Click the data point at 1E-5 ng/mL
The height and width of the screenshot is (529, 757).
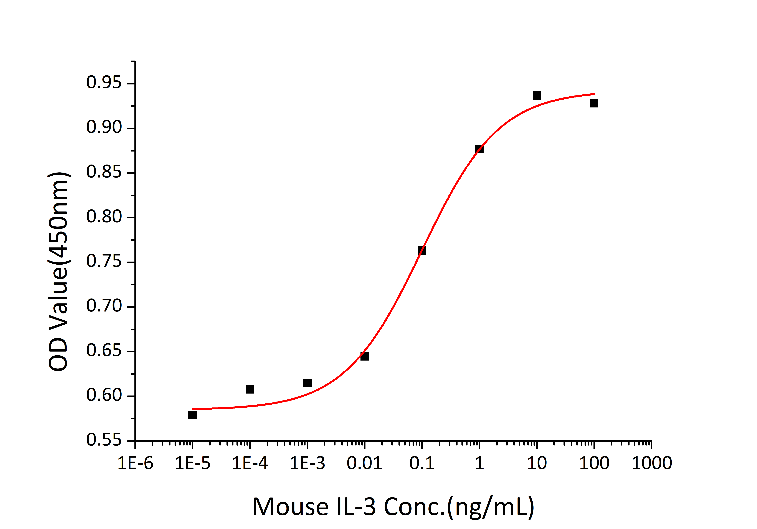(x=193, y=415)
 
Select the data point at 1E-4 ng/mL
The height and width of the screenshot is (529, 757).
(x=250, y=389)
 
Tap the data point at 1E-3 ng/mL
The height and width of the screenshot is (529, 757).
(x=307, y=383)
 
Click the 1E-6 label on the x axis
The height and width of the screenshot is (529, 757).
(x=136, y=463)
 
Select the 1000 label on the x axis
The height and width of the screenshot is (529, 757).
(x=651, y=463)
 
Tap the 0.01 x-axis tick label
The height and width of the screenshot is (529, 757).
(x=364, y=463)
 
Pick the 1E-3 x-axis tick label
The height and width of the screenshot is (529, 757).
(x=307, y=463)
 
